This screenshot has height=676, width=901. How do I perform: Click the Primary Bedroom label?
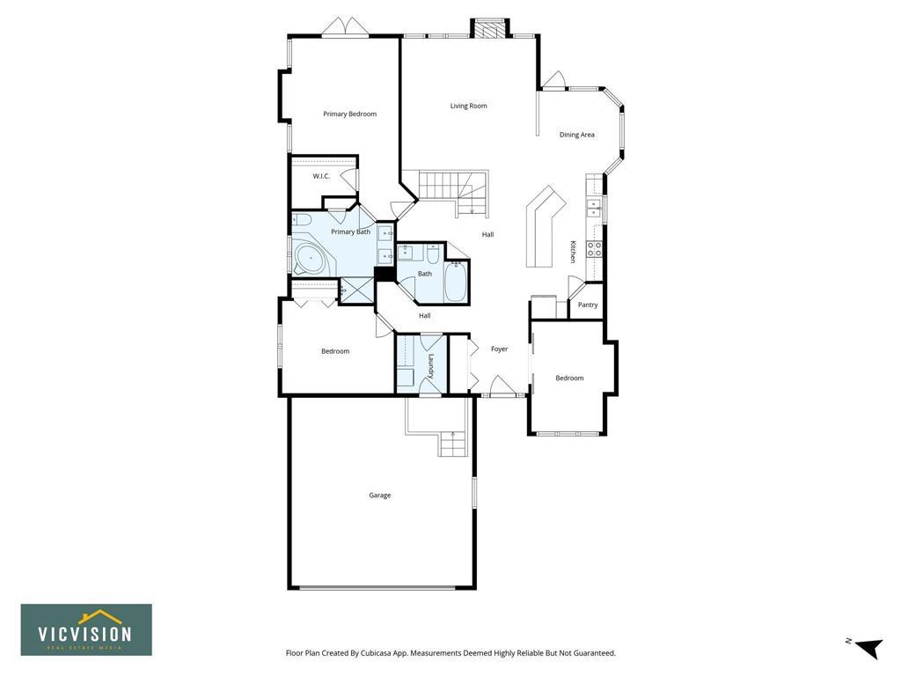pyautogui.click(x=349, y=114)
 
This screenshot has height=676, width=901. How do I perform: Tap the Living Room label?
pyautogui.click(x=468, y=106)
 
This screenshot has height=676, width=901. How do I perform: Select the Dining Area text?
pyautogui.click(x=577, y=135)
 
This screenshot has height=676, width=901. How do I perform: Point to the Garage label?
pyautogui.click(x=380, y=495)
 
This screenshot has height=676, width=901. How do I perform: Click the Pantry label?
pyautogui.click(x=588, y=305)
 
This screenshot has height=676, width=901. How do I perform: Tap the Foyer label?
pyautogui.click(x=500, y=349)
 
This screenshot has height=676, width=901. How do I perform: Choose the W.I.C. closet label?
pyautogui.click(x=321, y=176)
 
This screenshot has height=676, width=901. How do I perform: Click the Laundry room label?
pyautogui.click(x=431, y=366)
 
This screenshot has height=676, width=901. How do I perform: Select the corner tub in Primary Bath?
pyautogui.click(x=311, y=259)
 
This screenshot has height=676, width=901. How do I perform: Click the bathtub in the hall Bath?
pyautogui.click(x=457, y=282)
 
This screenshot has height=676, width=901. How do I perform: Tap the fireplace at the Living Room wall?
pyautogui.click(x=490, y=28)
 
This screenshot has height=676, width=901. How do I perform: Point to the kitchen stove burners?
pyautogui.click(x=594, y=249)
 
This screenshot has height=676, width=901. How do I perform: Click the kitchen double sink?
pyautogui.click(x=594, y=208)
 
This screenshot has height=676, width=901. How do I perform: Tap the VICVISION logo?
pyautogui.click(x=86, y=629)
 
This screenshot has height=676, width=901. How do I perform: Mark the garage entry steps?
pyautogui.click(x=452, y=444)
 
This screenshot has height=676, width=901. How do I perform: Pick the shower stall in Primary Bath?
pyautogui.click(x=356, y=290)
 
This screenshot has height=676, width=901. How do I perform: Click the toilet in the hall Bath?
pyautogui.click(x=433, y=253)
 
